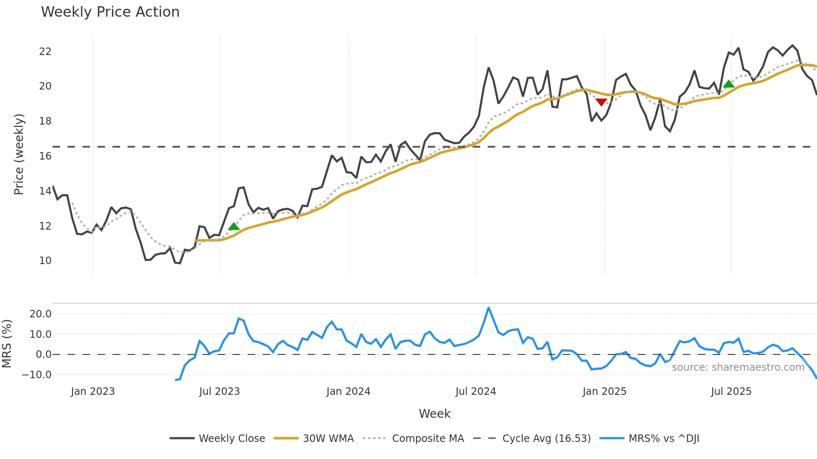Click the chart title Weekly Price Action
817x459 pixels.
[x=110, y=12]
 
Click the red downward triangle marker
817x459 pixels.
[x=601, y=102]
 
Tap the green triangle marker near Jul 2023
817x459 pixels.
[x=234, y=226]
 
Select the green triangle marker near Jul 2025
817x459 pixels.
[x=729, y=84]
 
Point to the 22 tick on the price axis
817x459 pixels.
[x=45, y=52]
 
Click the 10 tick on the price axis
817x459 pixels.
[x=45, y=261]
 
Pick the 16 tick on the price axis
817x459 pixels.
[x=45, y=156]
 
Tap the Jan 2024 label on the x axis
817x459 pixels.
[x=348, y=392]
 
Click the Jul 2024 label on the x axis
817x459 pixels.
[x=476, y=392]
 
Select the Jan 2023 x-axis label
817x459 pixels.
[x=93, y=392]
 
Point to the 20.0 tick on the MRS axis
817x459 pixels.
[x=40, y=314]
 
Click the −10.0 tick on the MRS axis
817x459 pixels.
[x=37, y=375]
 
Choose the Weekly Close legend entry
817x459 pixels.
[x=232, y=439]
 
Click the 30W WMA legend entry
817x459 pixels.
[x=328, y=439]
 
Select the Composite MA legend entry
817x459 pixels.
[x=428, y=439]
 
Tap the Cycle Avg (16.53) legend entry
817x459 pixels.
[x=546, y=439]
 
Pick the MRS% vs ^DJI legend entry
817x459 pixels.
[x=664, y=439]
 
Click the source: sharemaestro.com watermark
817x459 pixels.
[x=738, y=367]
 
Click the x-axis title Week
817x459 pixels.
[x=434, y=414]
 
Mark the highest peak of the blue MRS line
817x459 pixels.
[x=489, y=308]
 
